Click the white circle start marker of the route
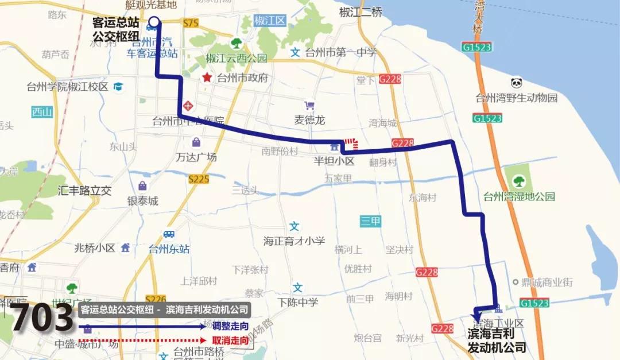click(x=154, y=22)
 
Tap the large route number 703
click(x=42, y=319)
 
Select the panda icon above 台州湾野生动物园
click(x=516, y=84)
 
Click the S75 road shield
click(x=191, y=23)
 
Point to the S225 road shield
click(x=199, y=179)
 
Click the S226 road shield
click(x=156, y=299)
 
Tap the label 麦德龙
click(x=309, y=120)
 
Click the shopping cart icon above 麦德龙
click(x=309, y=106)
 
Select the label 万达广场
click(x=197, y=157)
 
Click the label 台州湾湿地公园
click(x=520, y=196)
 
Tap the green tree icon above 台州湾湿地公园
click(x=519, y=181)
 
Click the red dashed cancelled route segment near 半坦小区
click(x=350, y=144)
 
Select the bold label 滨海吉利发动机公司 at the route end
click(x=497, y=340)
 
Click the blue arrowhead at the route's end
click(x=476, y=318)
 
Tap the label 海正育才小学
click(x=294, y=241)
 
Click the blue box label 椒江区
click(x=269, y=21)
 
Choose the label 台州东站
click(x=169, y=249)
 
